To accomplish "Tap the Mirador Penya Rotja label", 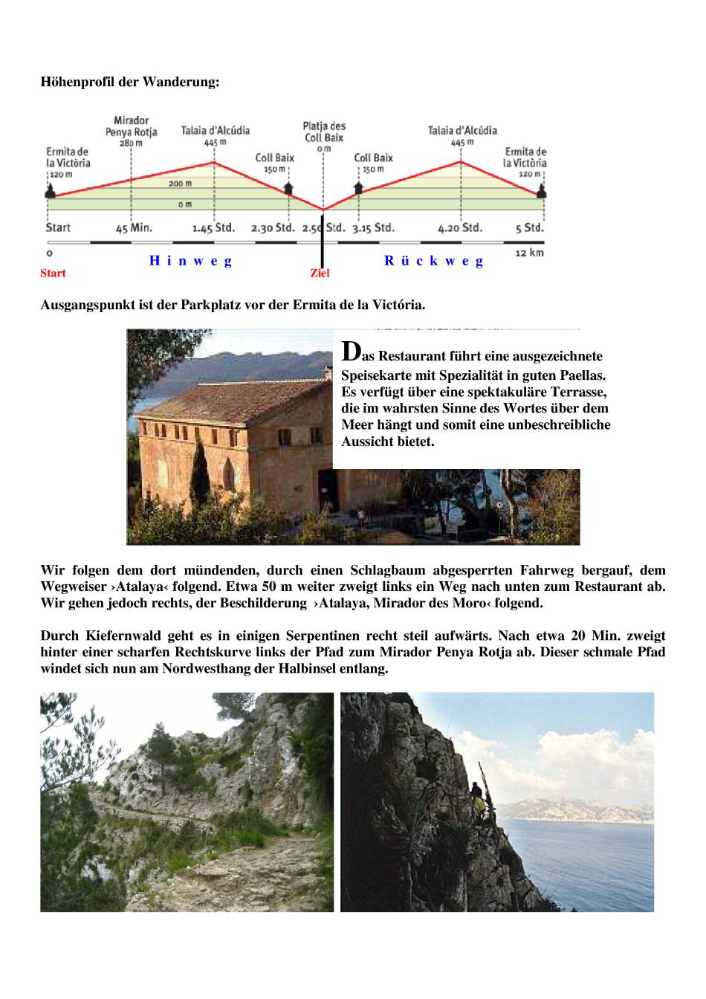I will coord(132,126).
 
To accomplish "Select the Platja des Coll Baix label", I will coord(324,132).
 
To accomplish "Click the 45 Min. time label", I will coord(134,228).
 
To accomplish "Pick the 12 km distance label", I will coord(529,253).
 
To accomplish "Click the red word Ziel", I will coord(320,274).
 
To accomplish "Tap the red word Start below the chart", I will coord(53,274).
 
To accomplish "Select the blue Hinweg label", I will coord(191,261).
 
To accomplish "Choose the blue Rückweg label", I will coord(434,261).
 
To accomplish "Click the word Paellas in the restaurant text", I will coord(583,375).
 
